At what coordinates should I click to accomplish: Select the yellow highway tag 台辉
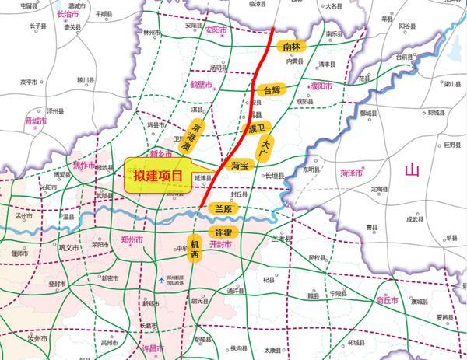coord(272,90)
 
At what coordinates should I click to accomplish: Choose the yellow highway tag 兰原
coord(223,209)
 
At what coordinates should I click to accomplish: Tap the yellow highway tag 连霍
coord(224,232)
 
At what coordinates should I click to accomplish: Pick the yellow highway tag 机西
coord(195,250)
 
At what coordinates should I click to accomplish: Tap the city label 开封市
coord(226,244)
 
